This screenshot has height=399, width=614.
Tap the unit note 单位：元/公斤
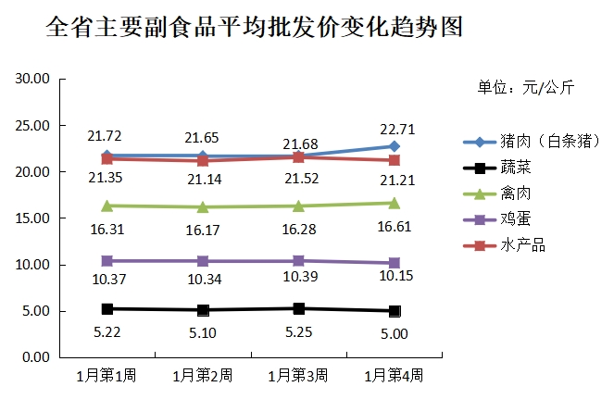pos(525,88)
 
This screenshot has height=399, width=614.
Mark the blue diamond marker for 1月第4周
pos(395,146)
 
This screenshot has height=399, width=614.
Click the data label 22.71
pos(395,128)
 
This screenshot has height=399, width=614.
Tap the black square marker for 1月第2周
pos(203,310)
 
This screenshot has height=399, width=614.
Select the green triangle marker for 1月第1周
pos(107,206)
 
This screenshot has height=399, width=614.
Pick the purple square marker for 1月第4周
pos(395,263)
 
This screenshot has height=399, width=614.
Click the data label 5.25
pos(298,330)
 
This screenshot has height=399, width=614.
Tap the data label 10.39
pos(298,279)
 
